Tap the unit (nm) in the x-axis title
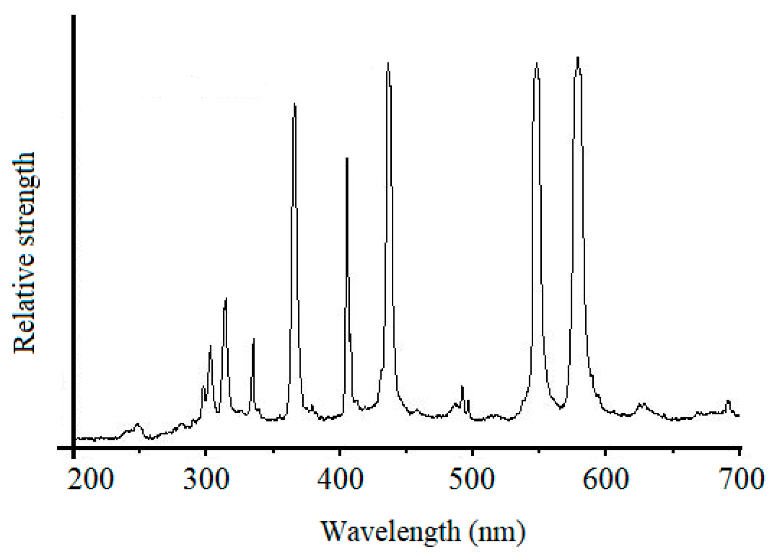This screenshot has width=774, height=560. click(x=497, y=532)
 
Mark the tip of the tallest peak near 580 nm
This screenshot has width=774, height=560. click(x=578, y=58)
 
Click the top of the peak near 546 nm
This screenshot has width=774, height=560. click(x=537, y=63)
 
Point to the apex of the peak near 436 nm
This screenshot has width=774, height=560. click(x=388, y=63)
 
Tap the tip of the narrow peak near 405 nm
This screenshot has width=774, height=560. click(x=347, y=158)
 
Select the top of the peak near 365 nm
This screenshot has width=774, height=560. click(x=295, y=104)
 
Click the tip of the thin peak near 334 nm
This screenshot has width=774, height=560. click(x=253, y=338)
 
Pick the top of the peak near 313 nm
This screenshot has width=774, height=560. click(x=225, y=299)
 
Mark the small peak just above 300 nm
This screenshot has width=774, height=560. click(x=210, y=346)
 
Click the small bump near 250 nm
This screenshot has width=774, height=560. click(x=137, y=424)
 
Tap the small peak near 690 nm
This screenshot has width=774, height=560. click(x=728, y=401)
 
